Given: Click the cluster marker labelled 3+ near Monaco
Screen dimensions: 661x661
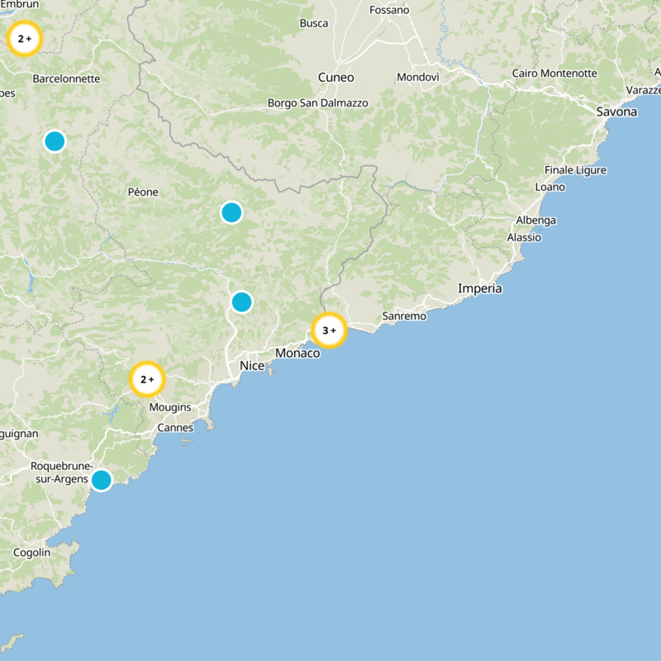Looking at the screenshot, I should (329, 330).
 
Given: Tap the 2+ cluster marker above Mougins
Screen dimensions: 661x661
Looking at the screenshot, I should (148, 380).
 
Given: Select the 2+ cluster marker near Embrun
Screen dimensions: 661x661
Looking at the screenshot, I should (25, 39).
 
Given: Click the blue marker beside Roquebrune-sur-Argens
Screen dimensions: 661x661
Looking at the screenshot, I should (101, 479).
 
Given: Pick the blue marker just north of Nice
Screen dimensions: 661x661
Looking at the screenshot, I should (241, 302).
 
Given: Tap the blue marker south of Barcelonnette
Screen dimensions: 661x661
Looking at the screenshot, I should (55, 141).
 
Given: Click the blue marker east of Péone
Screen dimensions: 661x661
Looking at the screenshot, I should (231, 212).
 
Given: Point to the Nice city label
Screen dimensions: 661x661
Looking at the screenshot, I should (252, 365).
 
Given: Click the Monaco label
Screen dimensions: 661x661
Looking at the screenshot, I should (297, 353).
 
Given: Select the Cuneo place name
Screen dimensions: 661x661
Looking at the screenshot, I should (335, 78).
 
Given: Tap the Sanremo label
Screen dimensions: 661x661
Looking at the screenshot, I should (404, 316).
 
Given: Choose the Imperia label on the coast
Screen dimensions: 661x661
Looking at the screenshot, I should (480, 288).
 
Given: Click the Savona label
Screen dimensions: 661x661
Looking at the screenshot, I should (616, 112).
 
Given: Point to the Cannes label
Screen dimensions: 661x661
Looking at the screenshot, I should (175, 428).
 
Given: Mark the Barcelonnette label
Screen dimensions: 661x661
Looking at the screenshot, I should (66, 79).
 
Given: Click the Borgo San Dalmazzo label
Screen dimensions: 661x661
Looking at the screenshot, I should (318, 103).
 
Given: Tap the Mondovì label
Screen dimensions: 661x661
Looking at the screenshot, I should (418, 77).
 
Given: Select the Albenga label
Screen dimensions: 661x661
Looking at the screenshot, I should (536, 221).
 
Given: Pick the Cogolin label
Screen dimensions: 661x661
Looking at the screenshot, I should (32, 552).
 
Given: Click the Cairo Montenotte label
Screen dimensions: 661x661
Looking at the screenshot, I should (554, 74).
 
